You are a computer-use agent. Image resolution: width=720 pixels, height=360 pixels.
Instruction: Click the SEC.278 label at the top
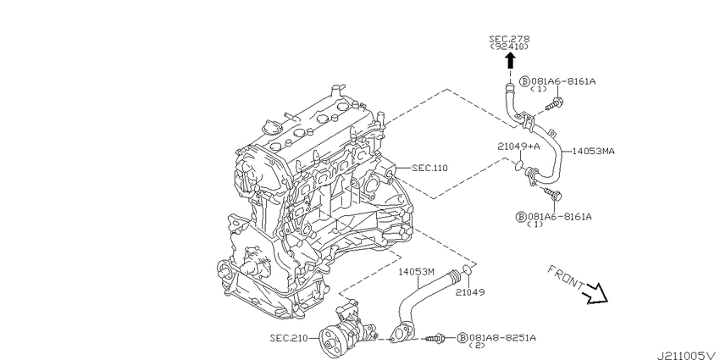(x=509, y=39)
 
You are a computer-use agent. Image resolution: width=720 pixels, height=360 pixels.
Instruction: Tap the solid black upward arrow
(x=509, y=61)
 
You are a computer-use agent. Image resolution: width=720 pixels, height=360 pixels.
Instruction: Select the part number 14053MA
(x=593, y=151)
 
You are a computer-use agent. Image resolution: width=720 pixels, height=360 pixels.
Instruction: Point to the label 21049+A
(x=518, y=147)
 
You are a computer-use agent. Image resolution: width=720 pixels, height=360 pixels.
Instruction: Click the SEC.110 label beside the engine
(x=429, y=168)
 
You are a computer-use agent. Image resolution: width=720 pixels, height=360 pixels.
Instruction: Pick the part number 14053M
(x=416, y=271)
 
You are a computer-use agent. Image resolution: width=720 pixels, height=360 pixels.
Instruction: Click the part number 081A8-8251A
(x=502, y=338)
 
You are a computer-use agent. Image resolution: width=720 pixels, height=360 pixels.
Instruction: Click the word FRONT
(x=566, y=277)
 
